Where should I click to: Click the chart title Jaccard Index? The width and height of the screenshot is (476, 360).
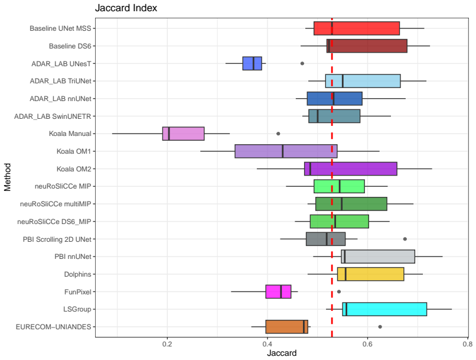click(126, 8)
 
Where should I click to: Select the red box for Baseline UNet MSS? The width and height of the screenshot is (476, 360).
click(357, 28)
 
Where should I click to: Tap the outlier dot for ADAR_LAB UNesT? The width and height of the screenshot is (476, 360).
click(302, 63)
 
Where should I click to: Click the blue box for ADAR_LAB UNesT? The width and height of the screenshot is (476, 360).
click(252, 63)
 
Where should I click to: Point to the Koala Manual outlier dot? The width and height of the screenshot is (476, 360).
click(278, 134)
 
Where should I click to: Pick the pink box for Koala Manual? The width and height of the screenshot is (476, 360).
click(183, 134)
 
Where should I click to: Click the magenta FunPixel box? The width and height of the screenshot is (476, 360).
click(278, 292)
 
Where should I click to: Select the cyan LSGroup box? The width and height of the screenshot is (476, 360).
click(384, 309)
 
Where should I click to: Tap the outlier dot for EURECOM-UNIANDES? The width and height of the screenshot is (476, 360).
click(380, 327)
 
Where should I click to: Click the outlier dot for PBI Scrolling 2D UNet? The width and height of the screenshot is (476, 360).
click(405, 239)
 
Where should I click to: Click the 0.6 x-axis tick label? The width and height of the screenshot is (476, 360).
click(367, 344)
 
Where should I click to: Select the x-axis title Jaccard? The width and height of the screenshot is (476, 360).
click(282, 353)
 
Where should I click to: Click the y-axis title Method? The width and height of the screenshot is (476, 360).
click(8, 177)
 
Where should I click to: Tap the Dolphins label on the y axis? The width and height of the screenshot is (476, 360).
click(78, 274)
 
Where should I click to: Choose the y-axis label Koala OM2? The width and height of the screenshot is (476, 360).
click(74, 169)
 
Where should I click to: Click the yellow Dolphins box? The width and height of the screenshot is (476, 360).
click(371, 274)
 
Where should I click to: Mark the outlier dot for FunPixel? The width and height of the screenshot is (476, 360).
click(339, 292)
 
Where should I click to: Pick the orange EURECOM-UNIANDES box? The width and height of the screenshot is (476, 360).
click(287, 327)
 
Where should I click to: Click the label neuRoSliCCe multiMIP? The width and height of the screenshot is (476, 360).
click(56, 204)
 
